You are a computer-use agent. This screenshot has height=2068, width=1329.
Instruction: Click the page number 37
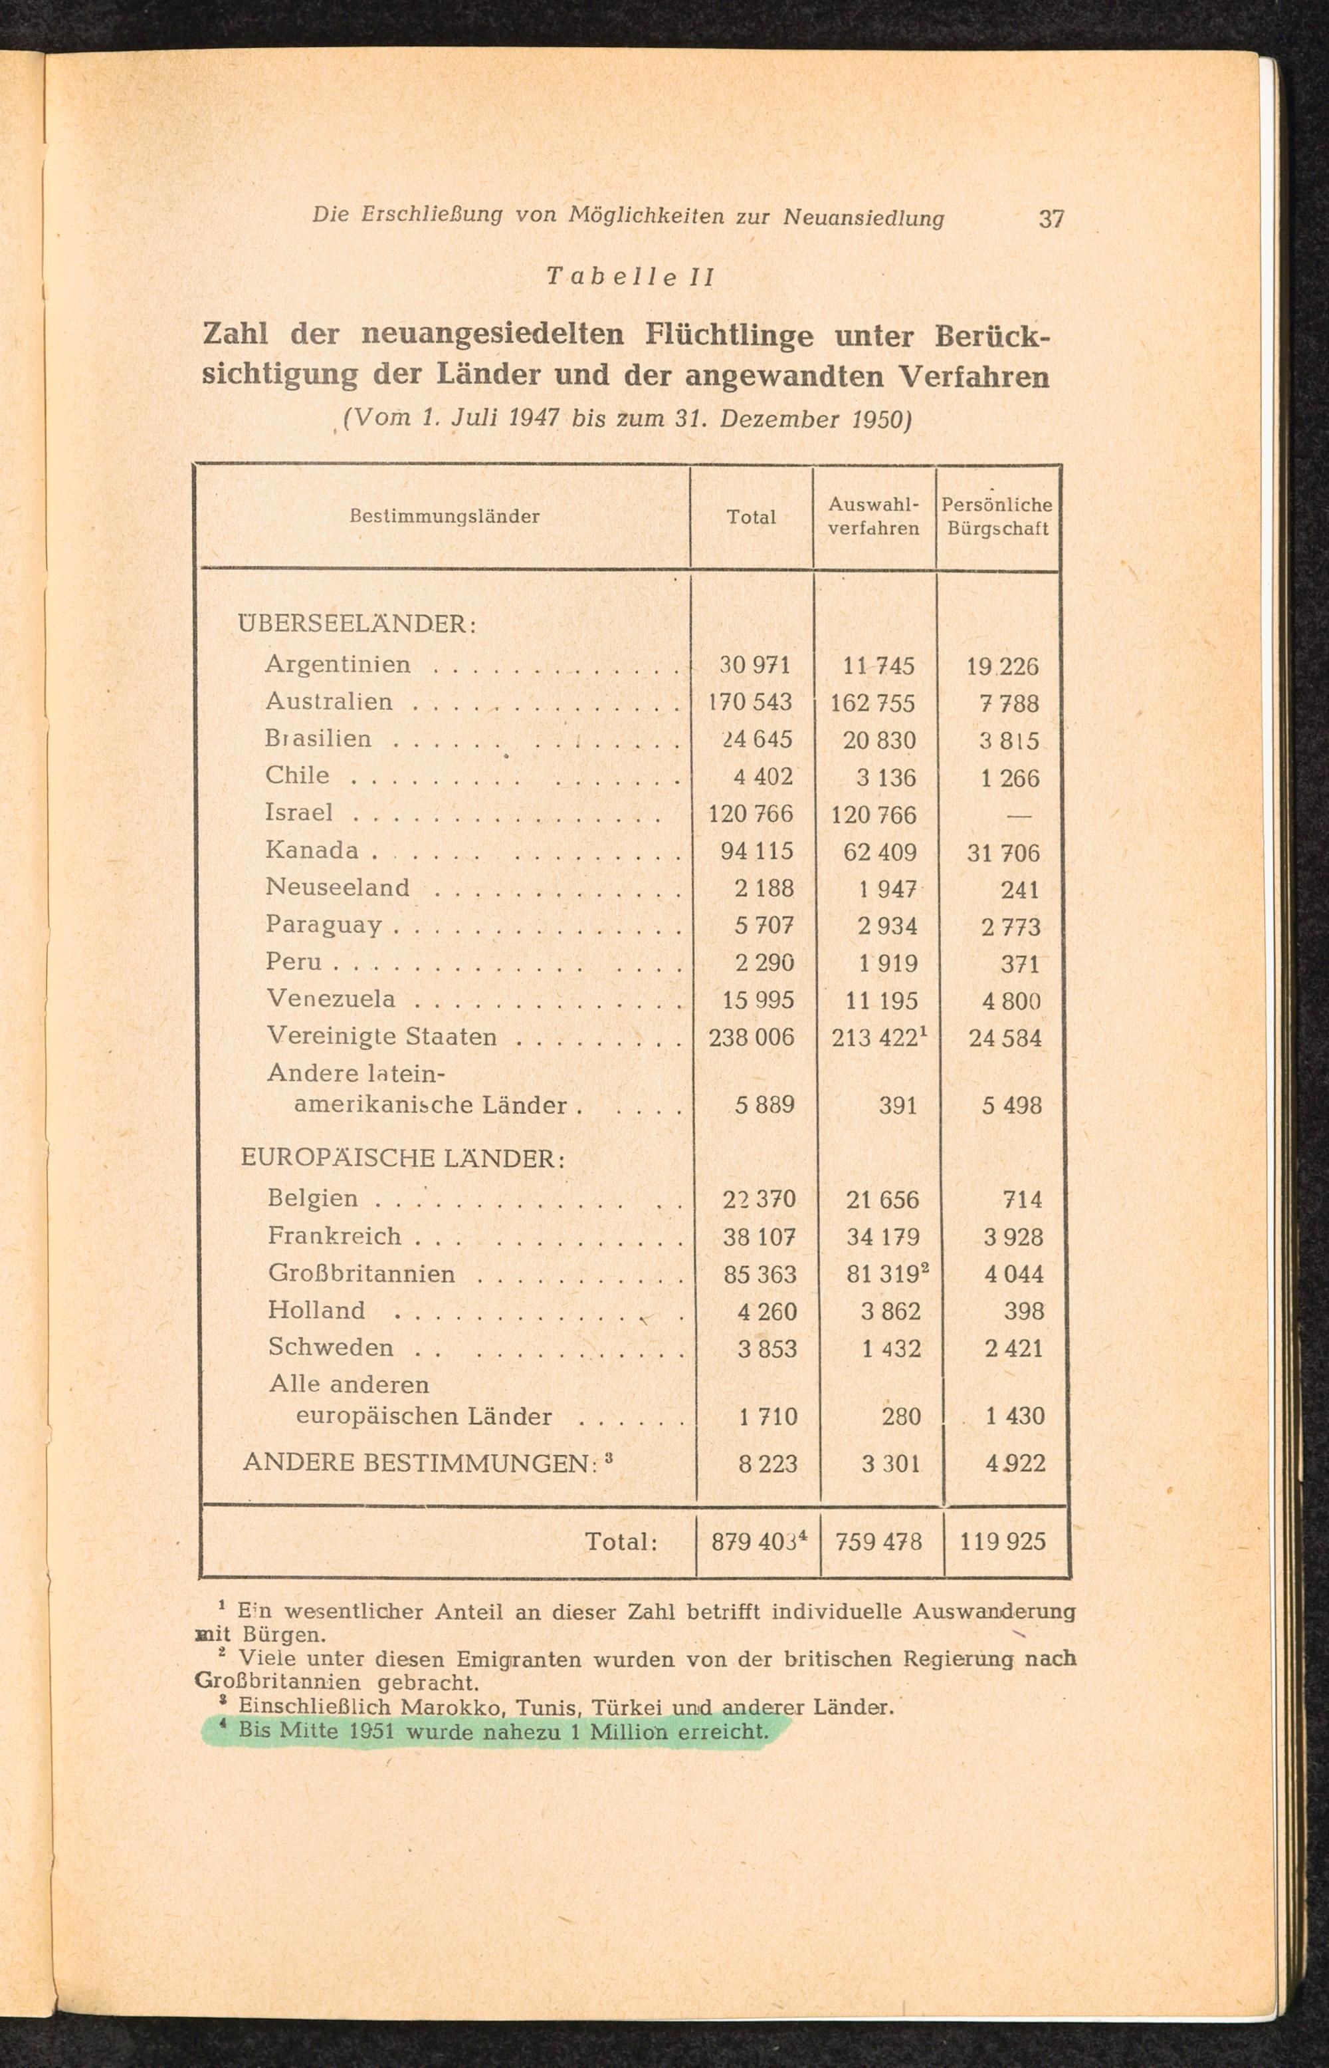(1051, 219)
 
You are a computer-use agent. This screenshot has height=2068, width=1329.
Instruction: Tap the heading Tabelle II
(631, 277)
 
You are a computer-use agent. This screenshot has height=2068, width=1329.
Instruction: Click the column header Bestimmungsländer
(445, 517)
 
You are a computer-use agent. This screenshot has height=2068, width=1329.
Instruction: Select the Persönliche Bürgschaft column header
(997, 517)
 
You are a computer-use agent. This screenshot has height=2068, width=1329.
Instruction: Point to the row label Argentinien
(338, 664)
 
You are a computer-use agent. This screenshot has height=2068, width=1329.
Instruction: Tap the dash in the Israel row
(1019, 815)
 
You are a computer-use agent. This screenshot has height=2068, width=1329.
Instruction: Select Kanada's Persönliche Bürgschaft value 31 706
(1003, 853)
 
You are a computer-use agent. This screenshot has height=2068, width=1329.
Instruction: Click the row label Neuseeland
(338, 887)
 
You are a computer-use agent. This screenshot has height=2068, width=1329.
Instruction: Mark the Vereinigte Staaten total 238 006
(751, 1037)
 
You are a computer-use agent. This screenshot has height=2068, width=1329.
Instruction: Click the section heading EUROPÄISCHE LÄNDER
(402, 1158)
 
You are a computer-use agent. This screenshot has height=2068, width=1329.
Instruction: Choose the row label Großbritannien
(361, 1273)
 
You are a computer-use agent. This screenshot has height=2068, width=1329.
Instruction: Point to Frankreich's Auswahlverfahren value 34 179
(883, 1237)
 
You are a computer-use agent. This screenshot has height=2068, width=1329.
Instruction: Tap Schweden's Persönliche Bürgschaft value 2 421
(1014, 1348)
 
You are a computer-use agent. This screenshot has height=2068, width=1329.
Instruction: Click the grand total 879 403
(759, 1541)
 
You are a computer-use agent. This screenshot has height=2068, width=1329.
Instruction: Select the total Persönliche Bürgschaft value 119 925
(1002, 1541)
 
